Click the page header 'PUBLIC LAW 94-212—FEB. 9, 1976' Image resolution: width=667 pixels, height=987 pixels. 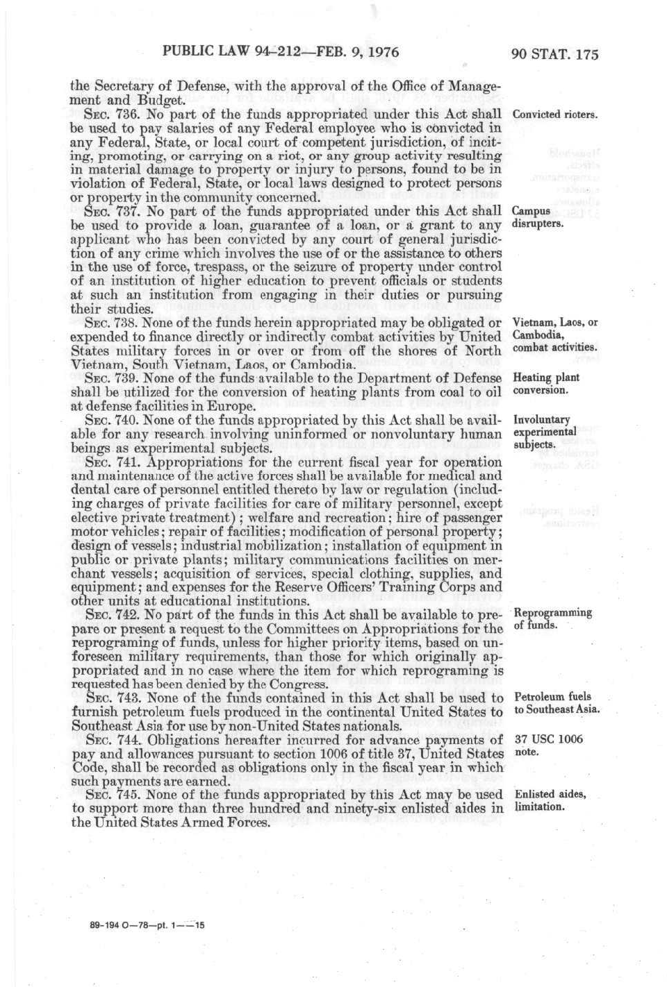coord(281,51)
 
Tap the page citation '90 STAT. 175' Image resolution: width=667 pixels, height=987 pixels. coord(554,54)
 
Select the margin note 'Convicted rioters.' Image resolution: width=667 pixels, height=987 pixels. coord(554,115)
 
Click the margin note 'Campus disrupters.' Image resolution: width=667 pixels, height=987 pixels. coord(537,217)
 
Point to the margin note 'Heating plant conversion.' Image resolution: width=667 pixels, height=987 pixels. coord(545,384)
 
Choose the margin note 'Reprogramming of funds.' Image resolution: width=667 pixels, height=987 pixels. coord(552,618)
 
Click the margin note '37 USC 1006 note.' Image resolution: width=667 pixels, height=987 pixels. coord(548,745)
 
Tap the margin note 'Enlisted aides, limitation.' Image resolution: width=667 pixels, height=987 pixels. coord(550,800)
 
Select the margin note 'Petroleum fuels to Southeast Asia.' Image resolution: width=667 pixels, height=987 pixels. coord(557,702)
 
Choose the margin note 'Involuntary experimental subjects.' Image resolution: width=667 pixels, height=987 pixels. coord(544,432)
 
